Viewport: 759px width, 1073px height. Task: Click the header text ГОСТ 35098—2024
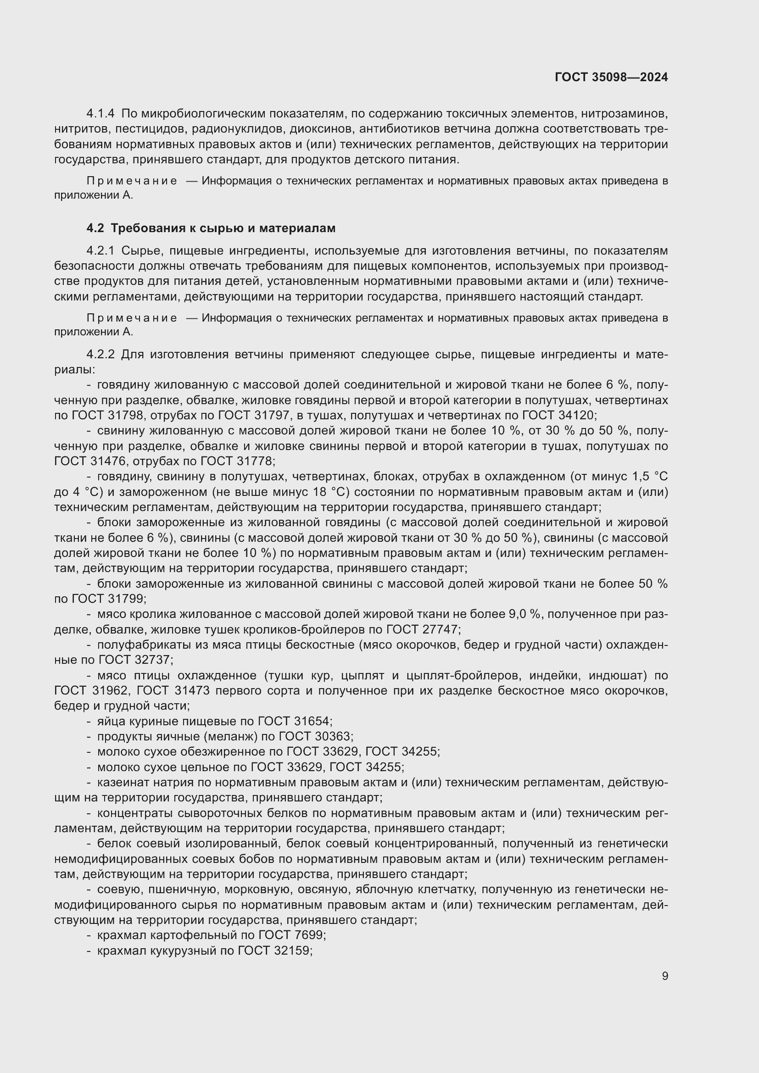point(611,78)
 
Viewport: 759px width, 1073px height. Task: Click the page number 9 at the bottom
point(665,976)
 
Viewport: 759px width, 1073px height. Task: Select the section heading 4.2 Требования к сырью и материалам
point(211,228)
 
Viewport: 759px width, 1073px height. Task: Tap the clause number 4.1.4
point(100,114)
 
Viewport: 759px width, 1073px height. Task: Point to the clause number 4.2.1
point(100,251)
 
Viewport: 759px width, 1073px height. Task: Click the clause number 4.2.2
point(100,354)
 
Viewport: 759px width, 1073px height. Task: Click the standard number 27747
point(439,629)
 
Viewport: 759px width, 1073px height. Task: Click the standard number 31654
point(312,721)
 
